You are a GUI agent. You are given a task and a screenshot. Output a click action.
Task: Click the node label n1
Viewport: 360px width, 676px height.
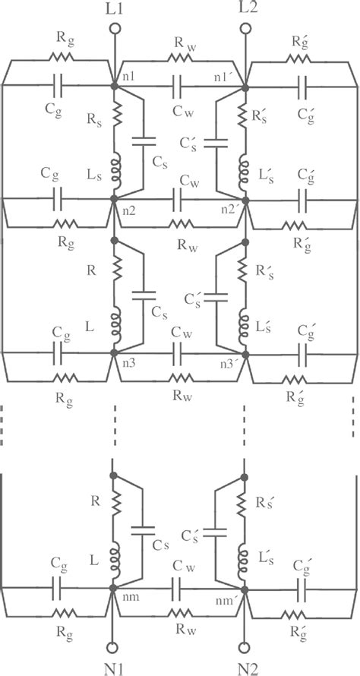128,76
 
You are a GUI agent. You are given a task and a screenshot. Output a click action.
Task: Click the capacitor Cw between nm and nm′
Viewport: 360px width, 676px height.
179,586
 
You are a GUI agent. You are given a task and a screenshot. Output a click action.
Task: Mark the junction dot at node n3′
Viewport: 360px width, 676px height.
245,352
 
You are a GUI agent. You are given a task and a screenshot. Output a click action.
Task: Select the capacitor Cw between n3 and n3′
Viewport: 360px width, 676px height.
179,352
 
